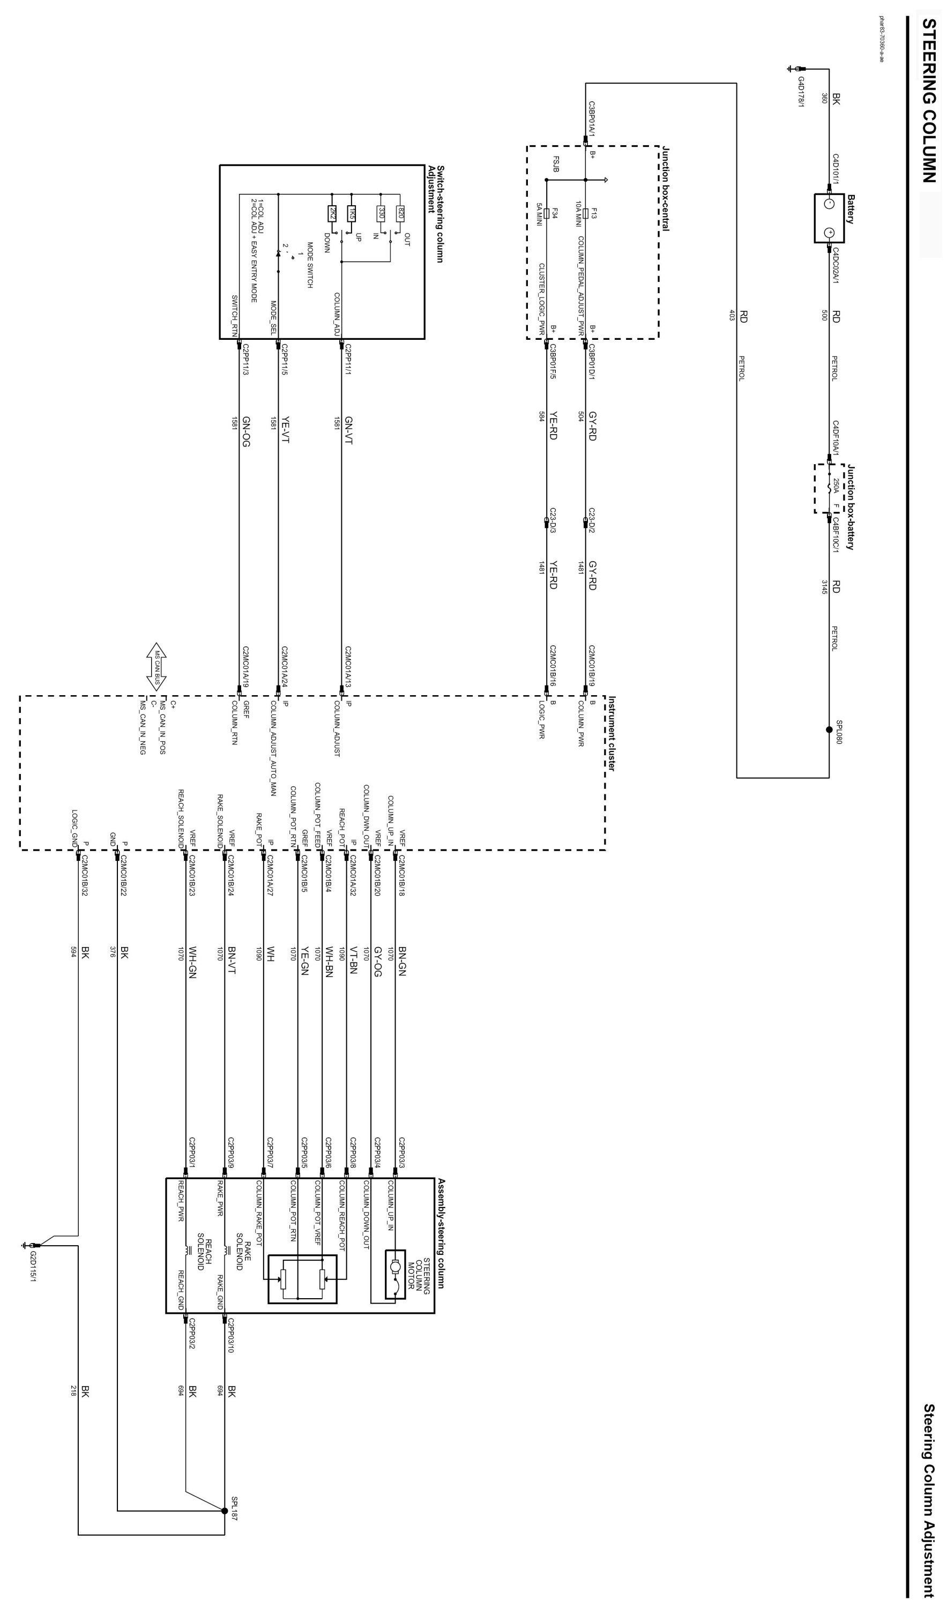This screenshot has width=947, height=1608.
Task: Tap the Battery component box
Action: click(x=829, y=218)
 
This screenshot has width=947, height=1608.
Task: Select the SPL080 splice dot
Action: click(x=829, y=731)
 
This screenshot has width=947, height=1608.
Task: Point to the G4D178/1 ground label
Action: click(x=801, y=93)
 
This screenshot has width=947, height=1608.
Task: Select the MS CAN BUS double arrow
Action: click(x=156, y=667)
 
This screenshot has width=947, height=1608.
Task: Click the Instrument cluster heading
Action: click(x=611, y=734)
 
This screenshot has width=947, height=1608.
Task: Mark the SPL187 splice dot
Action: click(x=224, y=1511)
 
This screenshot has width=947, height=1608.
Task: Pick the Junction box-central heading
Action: click(x=665, y=188)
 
